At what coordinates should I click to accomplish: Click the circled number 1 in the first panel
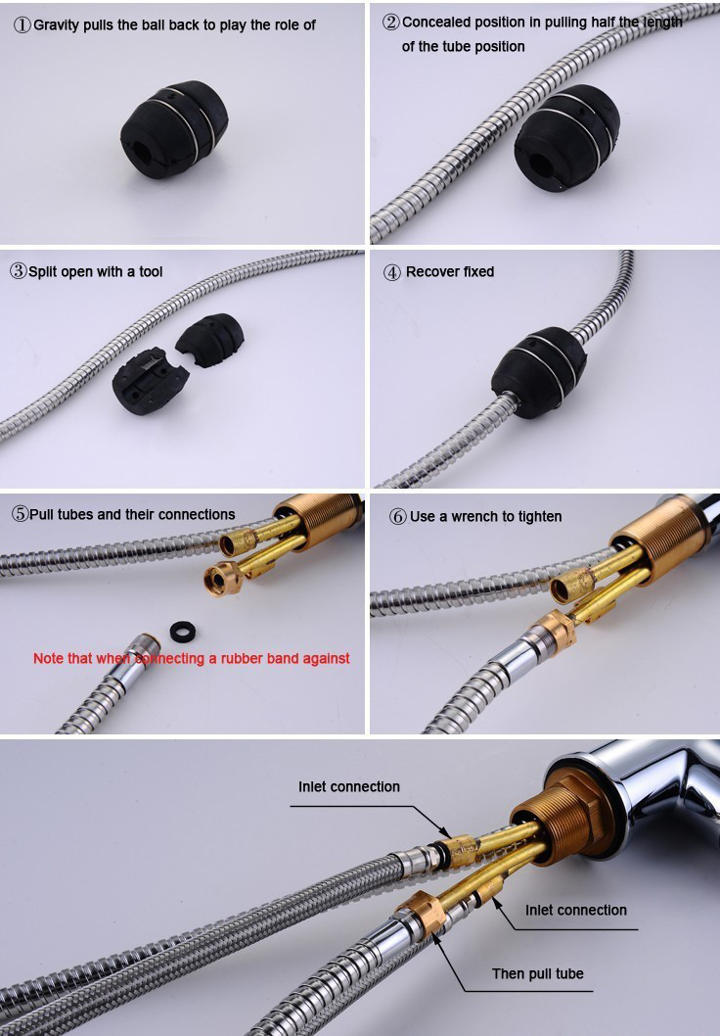pyautogui.click(x=22, y=25)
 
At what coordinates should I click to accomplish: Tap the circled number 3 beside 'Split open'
pyautogui.click(x=19, y=271)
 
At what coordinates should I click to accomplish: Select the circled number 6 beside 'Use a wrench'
pyautogui.click(x=398, y=517)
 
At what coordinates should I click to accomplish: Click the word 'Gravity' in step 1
pyautogui.click(x=56, y=25)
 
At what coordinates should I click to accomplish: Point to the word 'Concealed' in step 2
pyautogui.click(x=431, y=22)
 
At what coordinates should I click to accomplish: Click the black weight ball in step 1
pyautogui.click(x=174, y=129)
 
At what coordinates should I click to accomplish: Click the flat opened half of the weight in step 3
pyautogui.click(x=150, y=380)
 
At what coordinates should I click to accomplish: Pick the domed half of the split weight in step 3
pyautogui.click(x=210, y=340)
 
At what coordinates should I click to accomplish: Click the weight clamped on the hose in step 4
pyautogui.click(x=538, y=373)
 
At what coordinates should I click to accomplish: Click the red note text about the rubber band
pyautogui.click(x=192, y=658)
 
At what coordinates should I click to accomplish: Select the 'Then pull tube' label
pyautogui.click(x=538, y=973)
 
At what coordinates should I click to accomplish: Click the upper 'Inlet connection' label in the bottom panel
pyautogui.click(x=349, y=786)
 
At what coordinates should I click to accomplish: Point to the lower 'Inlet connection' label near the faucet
pyautogui.click(x=576, y=910)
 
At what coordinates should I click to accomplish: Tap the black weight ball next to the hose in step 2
pyautogui.click(x=567, y=137)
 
